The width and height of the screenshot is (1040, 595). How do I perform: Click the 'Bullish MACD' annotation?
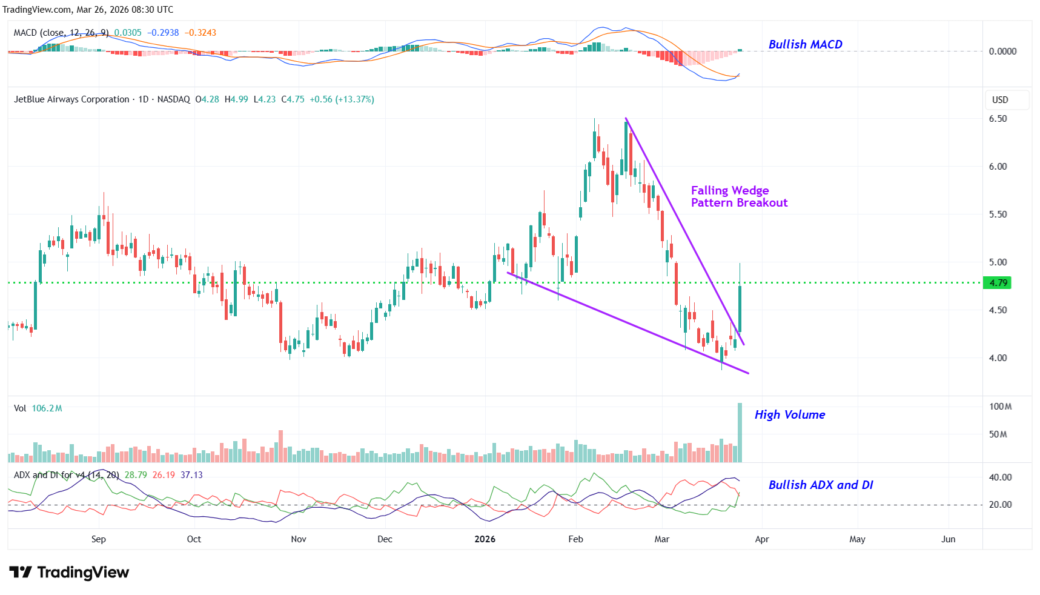click(x=805, y=44)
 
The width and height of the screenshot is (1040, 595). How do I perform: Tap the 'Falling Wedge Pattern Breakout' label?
click(x=739, y=197)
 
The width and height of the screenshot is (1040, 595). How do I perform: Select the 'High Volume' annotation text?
click(x=789, y=414)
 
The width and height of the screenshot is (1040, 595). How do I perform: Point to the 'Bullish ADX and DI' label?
click(x=820, y=485)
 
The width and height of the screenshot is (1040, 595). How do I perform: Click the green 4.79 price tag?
click(x=998, y=283)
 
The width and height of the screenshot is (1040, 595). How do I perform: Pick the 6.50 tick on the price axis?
click(x=998, y=119)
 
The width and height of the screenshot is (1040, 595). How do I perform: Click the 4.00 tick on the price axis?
click(x=998, y=358)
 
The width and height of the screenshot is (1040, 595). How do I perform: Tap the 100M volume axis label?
click(x=1000, y=407)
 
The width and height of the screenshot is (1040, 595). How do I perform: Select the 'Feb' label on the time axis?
click(x=575, y=539)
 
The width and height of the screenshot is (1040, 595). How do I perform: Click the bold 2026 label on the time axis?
click(x=485, y=539)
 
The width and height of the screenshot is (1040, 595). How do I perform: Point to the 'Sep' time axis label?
click(x=99, y=539)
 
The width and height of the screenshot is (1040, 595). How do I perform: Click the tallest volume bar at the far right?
click(x=740, y=433)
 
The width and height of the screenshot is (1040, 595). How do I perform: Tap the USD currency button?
click(x=1000, y=100)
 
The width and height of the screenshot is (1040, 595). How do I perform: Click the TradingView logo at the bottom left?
click(x=69, y=573)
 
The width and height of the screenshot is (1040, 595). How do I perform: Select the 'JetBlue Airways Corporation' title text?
click(x=71, y=99)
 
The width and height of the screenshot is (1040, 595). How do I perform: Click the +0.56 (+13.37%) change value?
click(x=342, y=99)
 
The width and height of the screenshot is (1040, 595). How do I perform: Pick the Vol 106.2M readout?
click(x=38, y=408)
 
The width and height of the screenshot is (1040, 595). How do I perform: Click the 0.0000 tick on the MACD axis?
click(x=1002, y=52)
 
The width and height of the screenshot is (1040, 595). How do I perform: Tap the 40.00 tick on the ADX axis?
click(x=1000, y=477)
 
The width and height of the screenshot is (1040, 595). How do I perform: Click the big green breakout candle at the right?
click(x=740, y=308)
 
